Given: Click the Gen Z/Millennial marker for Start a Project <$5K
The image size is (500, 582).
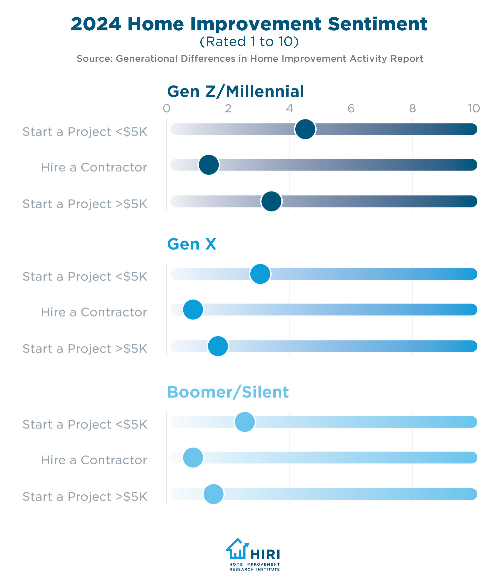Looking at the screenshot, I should pyautogui.click(x=305, y=129).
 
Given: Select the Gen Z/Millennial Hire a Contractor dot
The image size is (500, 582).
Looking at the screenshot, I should pyautogui.click(x=209, y=165).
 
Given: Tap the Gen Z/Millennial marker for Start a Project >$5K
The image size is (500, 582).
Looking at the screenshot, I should pyautogui.click(x=271, y=201).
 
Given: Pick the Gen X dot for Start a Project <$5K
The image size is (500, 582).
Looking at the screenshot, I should pyautogui.click(x=260, y=274).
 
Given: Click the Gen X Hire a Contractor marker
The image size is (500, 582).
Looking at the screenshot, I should pyautogui.click(x=193, y=310).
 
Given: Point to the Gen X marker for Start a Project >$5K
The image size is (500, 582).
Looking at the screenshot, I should pyautogui.click(x=218, y=346).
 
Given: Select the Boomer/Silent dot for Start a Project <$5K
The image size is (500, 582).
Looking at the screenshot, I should pyautogui.click(x=245, y=422).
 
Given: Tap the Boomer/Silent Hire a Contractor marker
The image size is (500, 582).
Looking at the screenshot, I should pyautogui.click(x=193, y=457).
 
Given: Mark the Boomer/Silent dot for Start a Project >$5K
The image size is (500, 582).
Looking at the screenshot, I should pyautogui.click(x=213, y=494).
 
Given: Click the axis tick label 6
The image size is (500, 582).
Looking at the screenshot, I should pyautogui.click(x=351, y=108).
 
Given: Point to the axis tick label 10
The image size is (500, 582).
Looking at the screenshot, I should pyautogui.click(x=473, y=108).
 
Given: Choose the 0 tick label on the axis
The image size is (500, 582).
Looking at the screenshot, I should pyautogui.click(x=167, y=108).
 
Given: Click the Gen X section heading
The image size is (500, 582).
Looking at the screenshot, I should pyautogui.click(x=191, y=244).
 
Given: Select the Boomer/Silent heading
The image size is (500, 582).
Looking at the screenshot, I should pyautogui.click(x=228, y=392).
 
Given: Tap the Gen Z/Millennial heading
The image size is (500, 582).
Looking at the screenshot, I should pyautogui.click(x=235, y=91).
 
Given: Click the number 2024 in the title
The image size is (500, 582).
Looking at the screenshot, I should pyautogui.click(x=96, y=24).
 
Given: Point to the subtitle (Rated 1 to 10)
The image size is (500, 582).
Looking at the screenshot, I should pyautogui.click(x=249, y=42).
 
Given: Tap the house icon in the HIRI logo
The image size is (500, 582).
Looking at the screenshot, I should pyautogui.click(x=237, y=549).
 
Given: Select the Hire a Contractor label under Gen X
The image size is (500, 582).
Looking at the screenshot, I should pyautogui.click(x=94, y=312).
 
